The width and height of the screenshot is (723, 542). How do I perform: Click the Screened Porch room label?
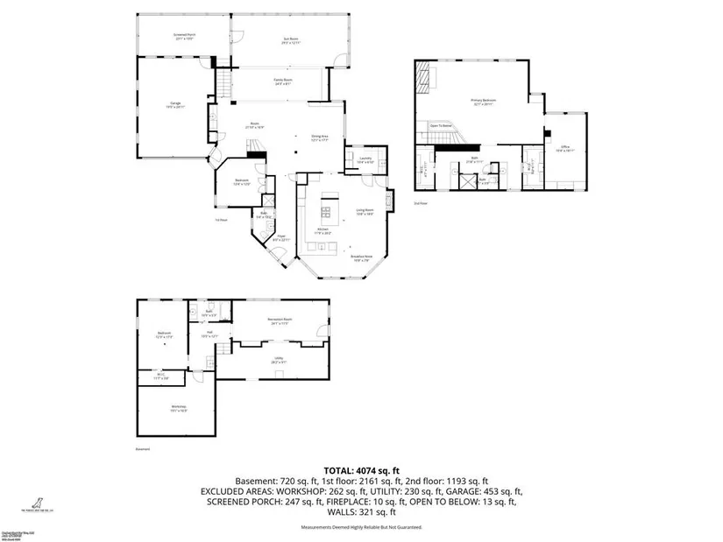click(185, 36)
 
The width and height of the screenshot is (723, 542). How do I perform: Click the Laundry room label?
click(365, 160)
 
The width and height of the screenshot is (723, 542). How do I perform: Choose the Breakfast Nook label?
click(363, 257)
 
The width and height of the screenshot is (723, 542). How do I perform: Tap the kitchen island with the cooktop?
click(330, 208)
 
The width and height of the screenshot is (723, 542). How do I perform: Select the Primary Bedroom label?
click(483, 102)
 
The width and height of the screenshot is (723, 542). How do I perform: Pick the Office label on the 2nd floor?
click(565, 149)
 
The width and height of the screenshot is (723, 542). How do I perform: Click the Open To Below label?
click(441, 126)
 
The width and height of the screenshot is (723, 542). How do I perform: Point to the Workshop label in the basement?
click(179, 408)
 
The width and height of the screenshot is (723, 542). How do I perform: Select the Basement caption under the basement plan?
click(144, 449)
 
